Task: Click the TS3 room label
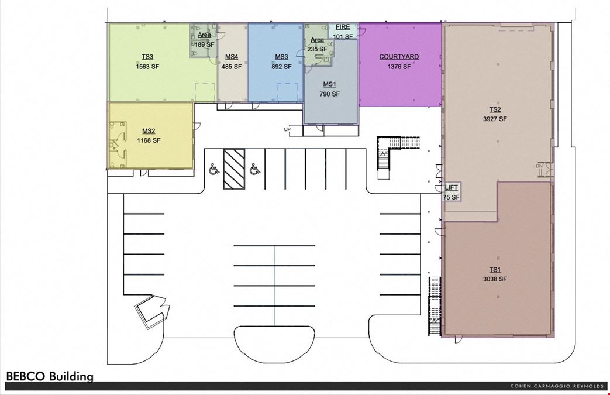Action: click(147, 57)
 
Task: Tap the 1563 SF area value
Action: click(147, 67)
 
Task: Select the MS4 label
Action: click(232, 57)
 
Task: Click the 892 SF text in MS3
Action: click(281, 67)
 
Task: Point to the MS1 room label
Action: click(329, 84)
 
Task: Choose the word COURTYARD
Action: click(399, 57)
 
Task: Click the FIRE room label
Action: click(343, 27)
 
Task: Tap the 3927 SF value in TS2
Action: click(495, 119)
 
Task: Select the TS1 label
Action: click(495, 270)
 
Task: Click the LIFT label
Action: click(452, 188)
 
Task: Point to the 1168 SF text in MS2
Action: click(149, 140)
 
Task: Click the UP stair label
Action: click(287, 129)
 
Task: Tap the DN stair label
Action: click(539, 166)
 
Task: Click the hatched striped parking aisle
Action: click(234, 169)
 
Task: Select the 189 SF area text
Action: click(204, 44)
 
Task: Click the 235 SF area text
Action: click(317, 49)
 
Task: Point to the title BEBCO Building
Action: click(50, 376)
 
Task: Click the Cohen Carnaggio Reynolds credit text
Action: click(557, 386)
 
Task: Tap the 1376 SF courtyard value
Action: click(399, 67)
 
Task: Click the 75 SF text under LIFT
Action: click(452, 197)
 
